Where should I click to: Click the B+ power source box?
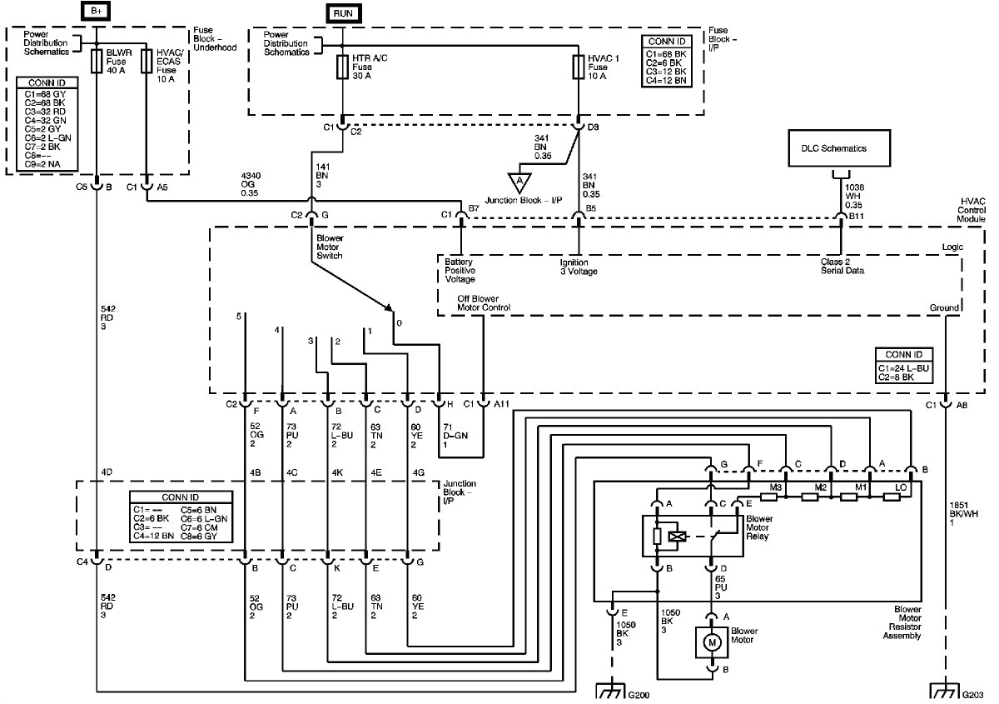pos(97,11)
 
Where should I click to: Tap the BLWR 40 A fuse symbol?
pos(97,61)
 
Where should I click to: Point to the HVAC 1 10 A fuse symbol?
pos(579,67)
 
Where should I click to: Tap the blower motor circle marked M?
pos(712,642)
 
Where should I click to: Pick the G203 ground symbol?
pos(945,690)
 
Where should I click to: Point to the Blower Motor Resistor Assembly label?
pos(904,627)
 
